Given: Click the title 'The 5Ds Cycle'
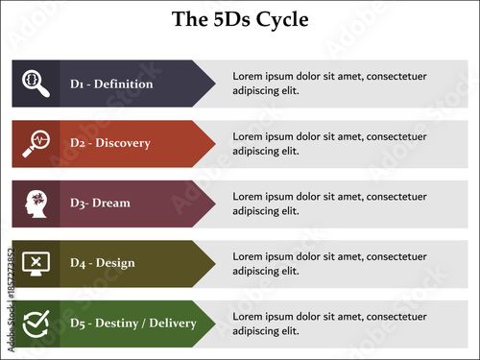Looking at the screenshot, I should tap(240, 19).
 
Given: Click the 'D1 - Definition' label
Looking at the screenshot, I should tap(111, 84).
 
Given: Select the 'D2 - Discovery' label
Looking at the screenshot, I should tap(109, 143).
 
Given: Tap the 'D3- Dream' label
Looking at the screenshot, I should tap(100, 203).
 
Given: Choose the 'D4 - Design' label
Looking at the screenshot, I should tap(103, 262).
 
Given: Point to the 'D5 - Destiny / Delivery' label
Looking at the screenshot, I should tap(132, 323).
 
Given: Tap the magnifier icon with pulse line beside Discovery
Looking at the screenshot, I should tap(36, 143).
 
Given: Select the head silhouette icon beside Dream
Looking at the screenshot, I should tap(36, 203).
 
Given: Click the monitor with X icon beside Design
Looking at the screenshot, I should tap(36, 262).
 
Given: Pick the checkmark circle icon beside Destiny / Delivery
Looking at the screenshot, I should tap(36, 323).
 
